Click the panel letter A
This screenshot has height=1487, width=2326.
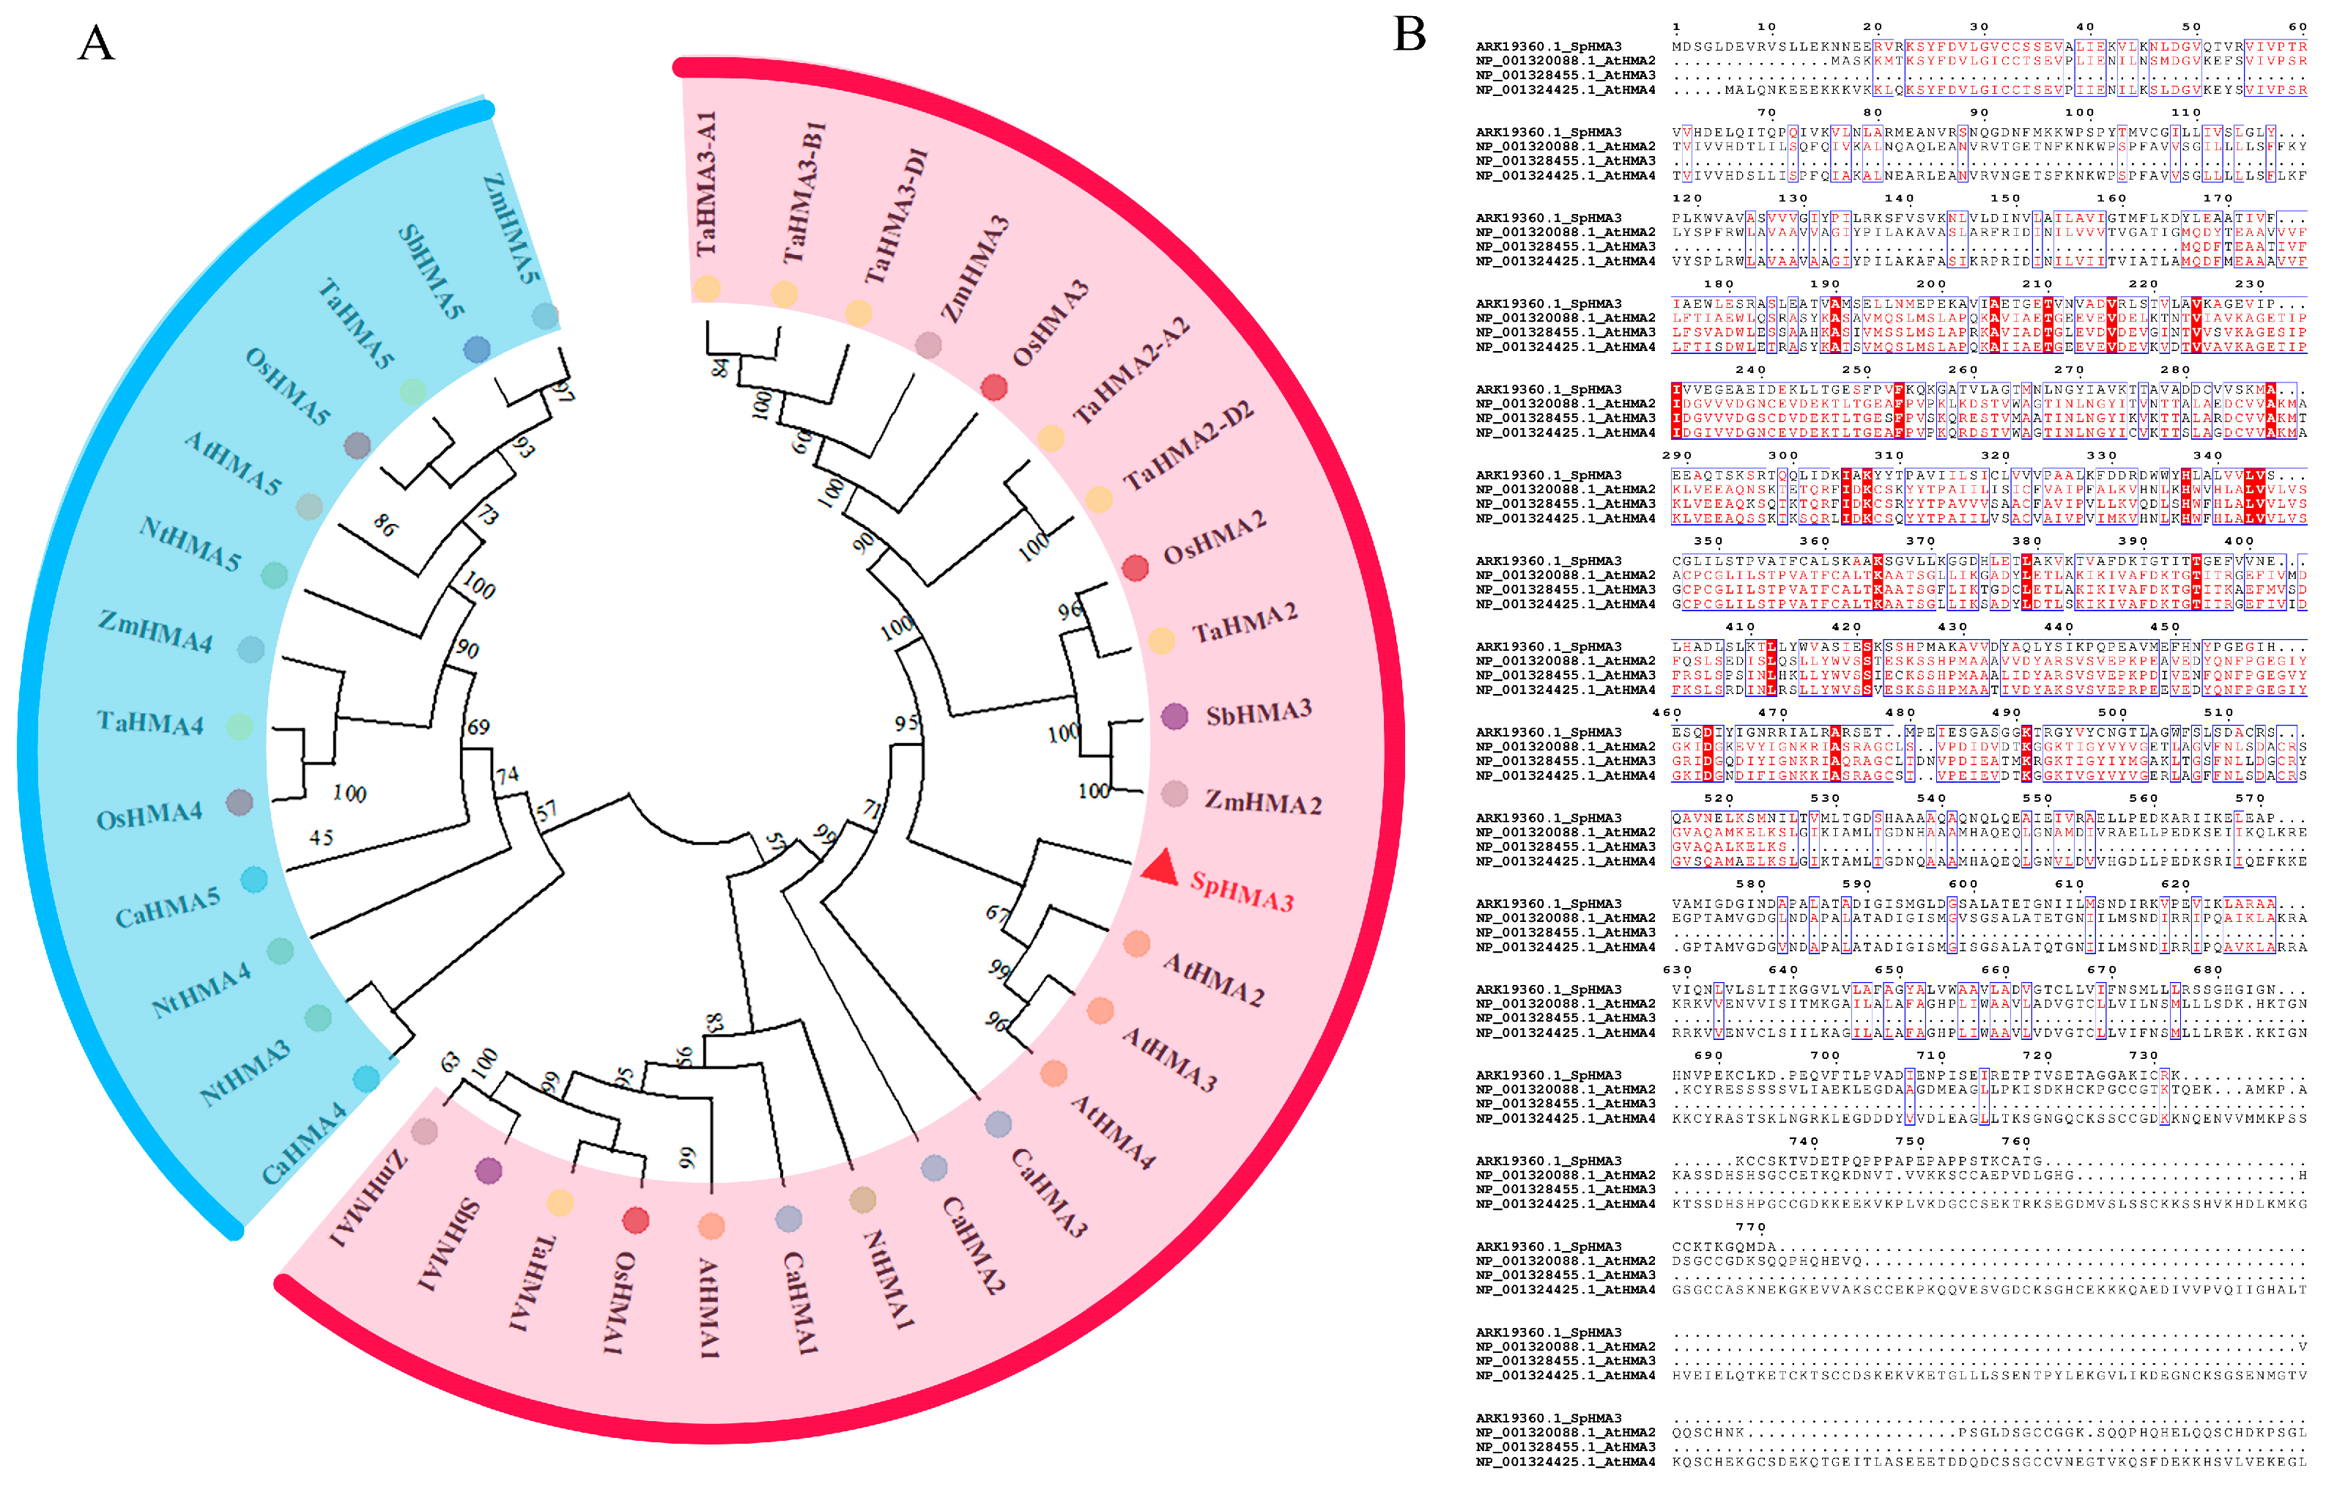tap(96, 43)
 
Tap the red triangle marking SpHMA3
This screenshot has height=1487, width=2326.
tap(1161, 867)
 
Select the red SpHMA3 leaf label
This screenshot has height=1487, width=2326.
tap(1241, 891)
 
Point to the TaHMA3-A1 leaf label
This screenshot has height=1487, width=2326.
tap(707, 183)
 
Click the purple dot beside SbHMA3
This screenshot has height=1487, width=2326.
tap(1174, 716)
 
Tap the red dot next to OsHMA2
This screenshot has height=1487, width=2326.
tap(1135, 568)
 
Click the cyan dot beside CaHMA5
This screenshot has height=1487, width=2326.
tap(254, 879)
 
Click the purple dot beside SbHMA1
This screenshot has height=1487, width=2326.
tap(489, 1171)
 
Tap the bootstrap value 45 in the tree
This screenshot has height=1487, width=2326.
tap(321, 838)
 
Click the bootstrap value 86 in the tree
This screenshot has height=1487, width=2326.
tap(385, 525)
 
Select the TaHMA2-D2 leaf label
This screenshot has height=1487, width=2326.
tap(1189, 444)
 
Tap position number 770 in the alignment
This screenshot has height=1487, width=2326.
tap(1749, 1227)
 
